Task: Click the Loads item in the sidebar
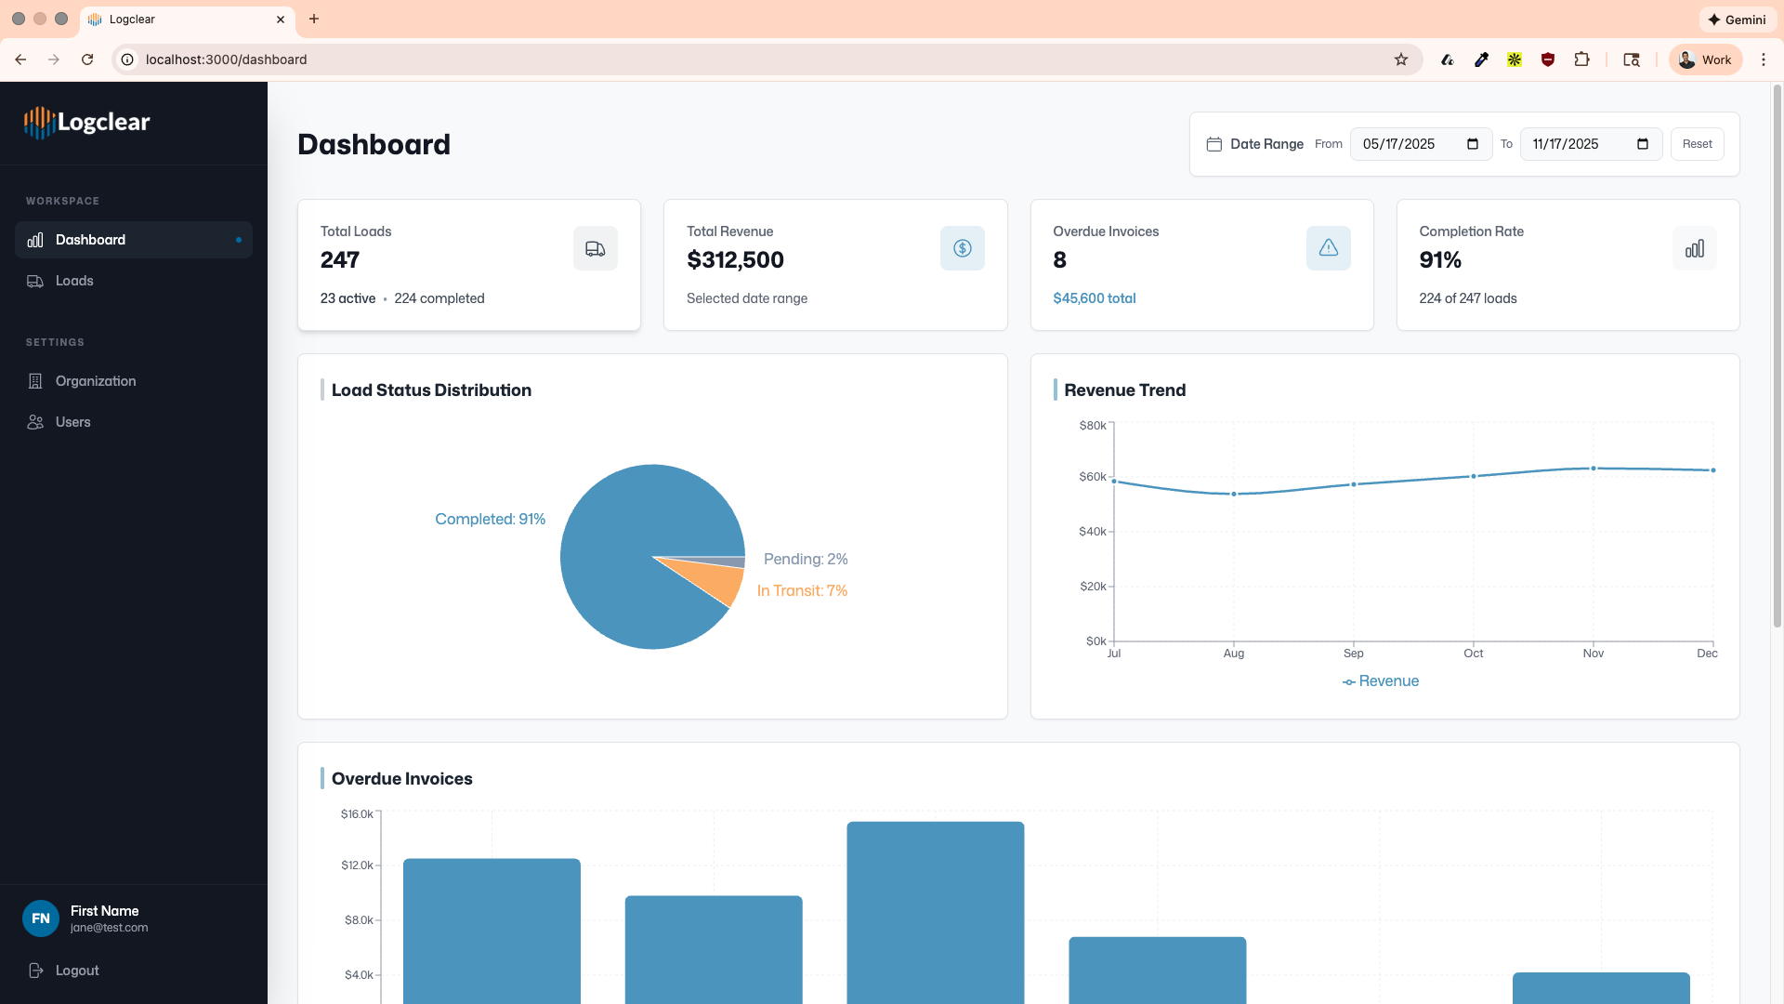click(73, 281)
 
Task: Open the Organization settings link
click(95, 381)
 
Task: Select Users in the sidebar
click(72, 422)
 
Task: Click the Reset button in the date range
click(1697, 144)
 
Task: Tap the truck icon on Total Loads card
click(595, 249)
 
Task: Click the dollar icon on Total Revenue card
click(962, 249)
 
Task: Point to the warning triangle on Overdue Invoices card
click(1328, 248)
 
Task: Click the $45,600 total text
click(1094, 298)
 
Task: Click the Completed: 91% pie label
click(490, 519)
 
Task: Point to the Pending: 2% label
click(805, 559)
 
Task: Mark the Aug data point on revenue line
click(1234, 494)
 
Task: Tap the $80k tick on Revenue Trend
click(1093, 426)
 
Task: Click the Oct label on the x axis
click(1473, 654)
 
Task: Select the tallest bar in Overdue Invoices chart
click(935, 911)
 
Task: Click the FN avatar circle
click(41, 918)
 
